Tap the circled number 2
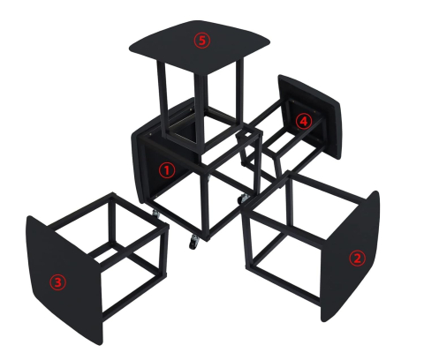point(357,259)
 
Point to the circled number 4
point(303,122)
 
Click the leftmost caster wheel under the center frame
point(156,214)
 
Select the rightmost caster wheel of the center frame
point(241,200)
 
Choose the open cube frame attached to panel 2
point(283,238)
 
